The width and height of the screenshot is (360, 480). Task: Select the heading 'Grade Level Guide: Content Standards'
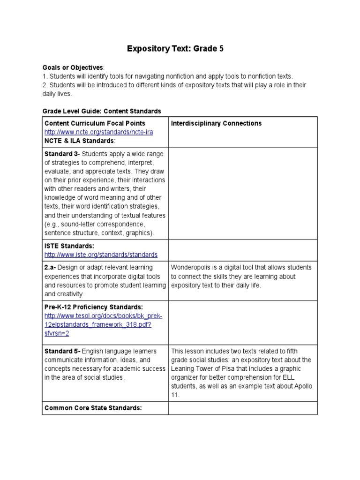pos(102,111)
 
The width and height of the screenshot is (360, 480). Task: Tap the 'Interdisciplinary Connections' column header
pos(216,123)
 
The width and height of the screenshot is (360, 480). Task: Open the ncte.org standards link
pos(98,132)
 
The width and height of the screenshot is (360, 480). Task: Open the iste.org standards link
pos(101,255)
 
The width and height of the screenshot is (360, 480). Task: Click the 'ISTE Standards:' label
pos(69,246)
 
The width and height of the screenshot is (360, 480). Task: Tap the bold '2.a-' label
pos(51,267)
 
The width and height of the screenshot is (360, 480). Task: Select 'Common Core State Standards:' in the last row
pos(93,408)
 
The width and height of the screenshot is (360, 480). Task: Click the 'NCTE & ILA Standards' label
pos(79,141)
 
